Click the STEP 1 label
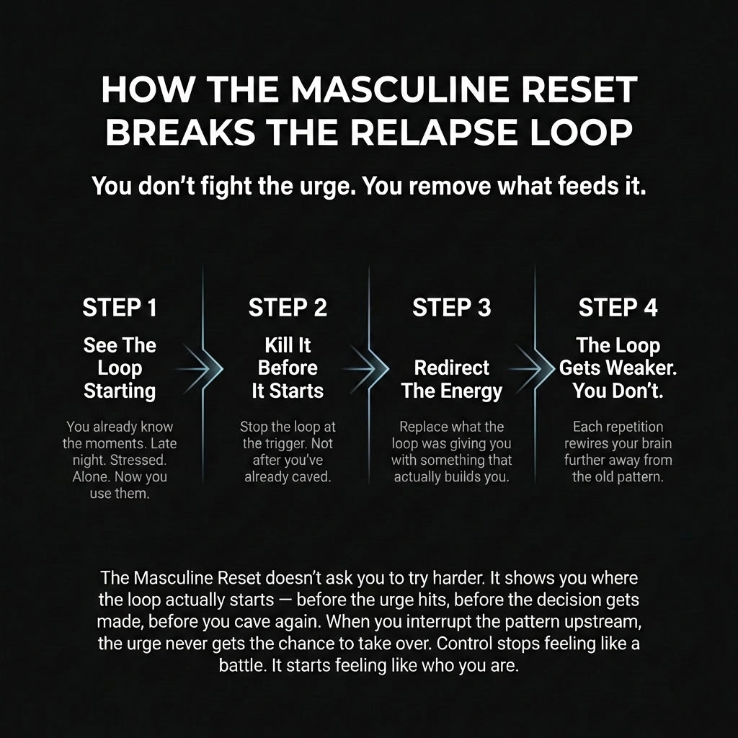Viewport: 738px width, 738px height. (120, 308)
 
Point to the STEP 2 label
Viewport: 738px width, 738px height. (288, 308)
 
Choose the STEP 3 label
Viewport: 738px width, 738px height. (452, 308)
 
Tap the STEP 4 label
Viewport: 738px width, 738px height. (618, 308)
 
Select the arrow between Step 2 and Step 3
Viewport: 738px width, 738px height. (369, 368)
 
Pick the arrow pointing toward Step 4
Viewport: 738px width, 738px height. (535, 368)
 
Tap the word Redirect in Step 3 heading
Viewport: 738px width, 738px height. (452, 368)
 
